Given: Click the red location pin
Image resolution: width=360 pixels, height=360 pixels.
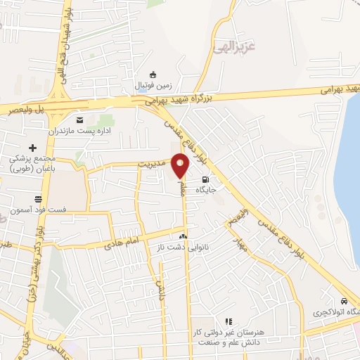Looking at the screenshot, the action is pos(181,165).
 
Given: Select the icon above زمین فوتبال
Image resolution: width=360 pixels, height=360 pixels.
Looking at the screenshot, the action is pos(153,75).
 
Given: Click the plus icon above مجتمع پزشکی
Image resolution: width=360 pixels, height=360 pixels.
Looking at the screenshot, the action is pos(32,147).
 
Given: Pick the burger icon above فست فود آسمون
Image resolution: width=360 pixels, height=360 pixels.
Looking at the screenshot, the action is pos(37,199).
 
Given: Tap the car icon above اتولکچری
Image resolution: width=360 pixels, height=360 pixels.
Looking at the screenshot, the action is pos(343,300).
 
